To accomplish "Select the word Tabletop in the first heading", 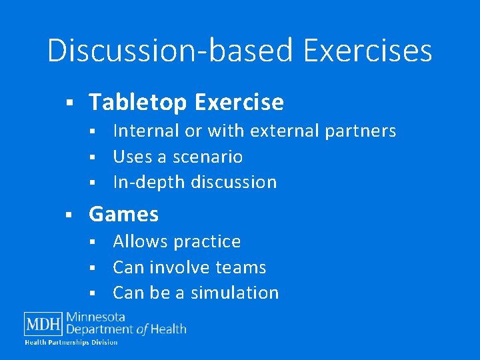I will [138, 103].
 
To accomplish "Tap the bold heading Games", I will [124, 214].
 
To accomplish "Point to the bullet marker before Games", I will [69, 215].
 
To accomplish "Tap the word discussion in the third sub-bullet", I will [237, 182].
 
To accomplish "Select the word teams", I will [240, 267].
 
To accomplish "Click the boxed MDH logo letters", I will [43, 324].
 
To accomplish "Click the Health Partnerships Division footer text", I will [71, 343].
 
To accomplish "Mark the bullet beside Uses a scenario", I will [93, 157].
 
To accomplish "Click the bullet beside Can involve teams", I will [93, 268].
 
